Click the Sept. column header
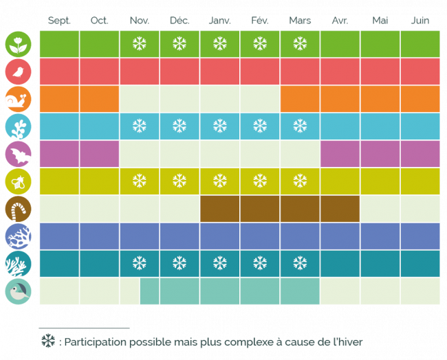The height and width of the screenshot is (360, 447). click(x=59, y=21)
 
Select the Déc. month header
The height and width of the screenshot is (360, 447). click(x=179, y=21)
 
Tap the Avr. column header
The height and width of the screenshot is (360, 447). click(x=340, y=21)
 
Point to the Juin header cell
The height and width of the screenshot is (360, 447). click(x=419, y=21)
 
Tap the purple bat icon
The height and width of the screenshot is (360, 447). click(x=17, y=155)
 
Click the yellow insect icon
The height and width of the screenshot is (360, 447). click(x=17, y=182)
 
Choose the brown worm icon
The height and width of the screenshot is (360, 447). click(x=17, y=210)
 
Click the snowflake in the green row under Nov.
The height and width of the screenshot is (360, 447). click(x=140, y=45)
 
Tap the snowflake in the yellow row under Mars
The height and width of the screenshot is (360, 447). click(x=300, y=181)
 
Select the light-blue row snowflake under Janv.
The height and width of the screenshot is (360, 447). click(x=219, y=126)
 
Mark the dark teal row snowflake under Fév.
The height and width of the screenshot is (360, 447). click(x=260, y=264)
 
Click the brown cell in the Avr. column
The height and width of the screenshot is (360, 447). click(x=340, y=209)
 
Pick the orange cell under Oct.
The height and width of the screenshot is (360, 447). click(x=99, y=99)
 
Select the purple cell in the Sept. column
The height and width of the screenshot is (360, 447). click(x=59, y=154)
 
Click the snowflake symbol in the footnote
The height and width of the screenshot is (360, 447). click(x=47, y=341)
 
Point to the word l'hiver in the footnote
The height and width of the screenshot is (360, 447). click(x=347, y=341)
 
